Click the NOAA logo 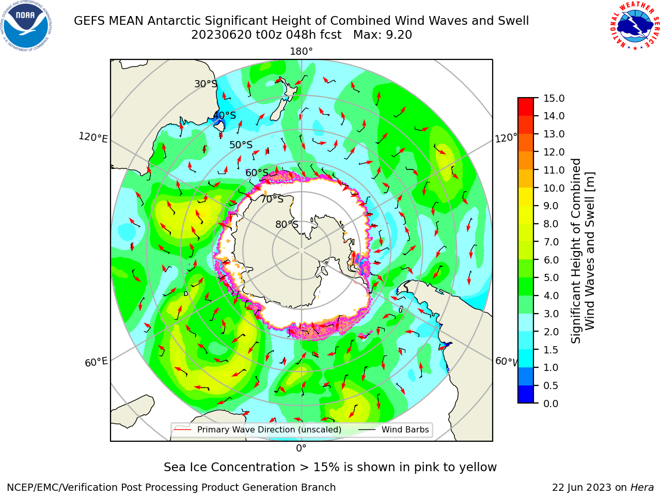point(26,26)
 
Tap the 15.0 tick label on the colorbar point(554,98)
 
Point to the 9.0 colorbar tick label point(551,206)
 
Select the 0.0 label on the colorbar point(551,404)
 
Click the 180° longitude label point(301,52)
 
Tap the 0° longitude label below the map point(301,448)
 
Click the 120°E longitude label point(93,137)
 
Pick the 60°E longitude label point(96,362)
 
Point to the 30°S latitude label point(206,84)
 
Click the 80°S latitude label point(287,224)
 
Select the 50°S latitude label point(241,145)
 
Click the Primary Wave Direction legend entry point(258,430)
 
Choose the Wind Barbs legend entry point(394,430)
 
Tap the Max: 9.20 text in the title point(383,35)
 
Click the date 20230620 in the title point(222,35)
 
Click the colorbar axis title point(583,251)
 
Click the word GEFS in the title point(89,21)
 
